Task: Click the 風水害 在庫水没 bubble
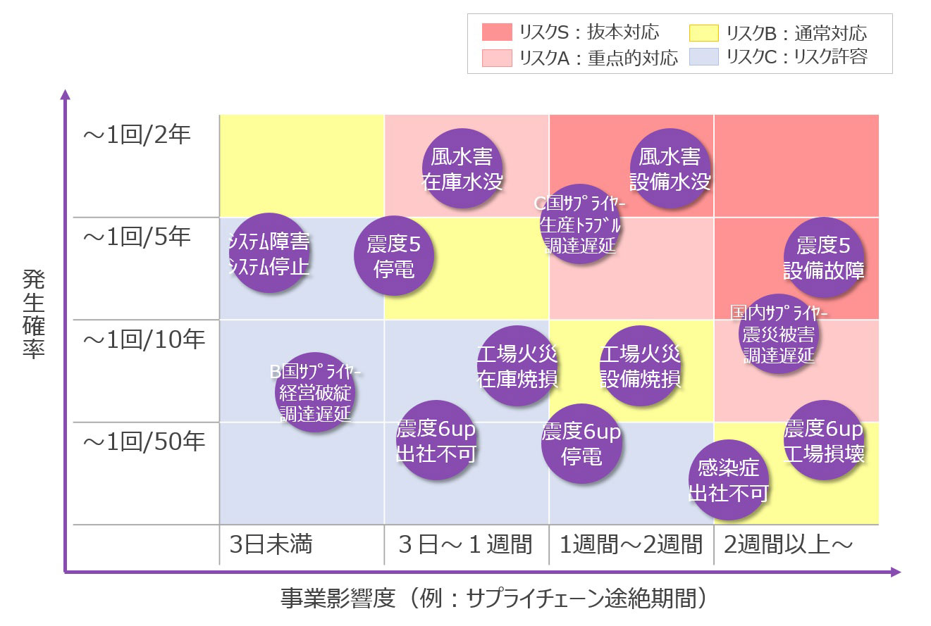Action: [x=462, y=168]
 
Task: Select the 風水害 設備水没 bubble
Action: [x=670, y=168]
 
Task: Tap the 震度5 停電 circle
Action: [x=394, y=256]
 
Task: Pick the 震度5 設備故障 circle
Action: [x=824, y=257]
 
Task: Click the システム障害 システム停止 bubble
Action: [x=269, y=253]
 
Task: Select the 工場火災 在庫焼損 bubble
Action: [x=517, y=366]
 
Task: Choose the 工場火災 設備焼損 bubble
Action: [x=640, y=366]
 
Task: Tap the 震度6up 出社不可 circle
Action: [x=437, y=440]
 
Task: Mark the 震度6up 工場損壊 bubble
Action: [x=824, y=440]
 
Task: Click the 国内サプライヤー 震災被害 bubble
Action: [x=779, y=334]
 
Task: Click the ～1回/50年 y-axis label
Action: [x=144, y=442]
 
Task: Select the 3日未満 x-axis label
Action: [x=271, y=544]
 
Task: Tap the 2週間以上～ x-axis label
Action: [x=789, y=544]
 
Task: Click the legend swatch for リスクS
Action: [x=497, y=32]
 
